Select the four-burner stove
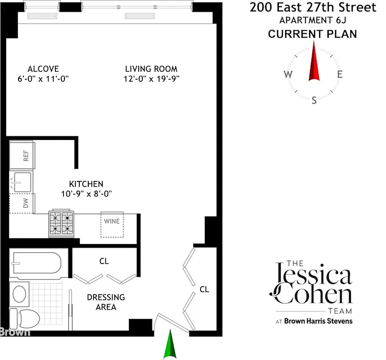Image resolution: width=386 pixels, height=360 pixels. (x=61, y=223)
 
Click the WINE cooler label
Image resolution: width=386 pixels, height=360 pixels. (x=112, y=221)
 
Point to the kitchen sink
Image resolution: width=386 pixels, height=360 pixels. (x=22, y=182)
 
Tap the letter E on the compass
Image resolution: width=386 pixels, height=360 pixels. (x=340, y=75)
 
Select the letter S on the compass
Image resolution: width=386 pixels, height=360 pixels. (x=314, y=100)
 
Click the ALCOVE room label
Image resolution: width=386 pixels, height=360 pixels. (x=43, y=69)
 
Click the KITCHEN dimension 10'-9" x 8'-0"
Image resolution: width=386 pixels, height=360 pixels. (x=86, y=194)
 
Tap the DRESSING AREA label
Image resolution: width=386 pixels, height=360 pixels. (x=106, y=302)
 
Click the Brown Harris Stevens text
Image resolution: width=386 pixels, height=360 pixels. (x=318, y=321)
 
